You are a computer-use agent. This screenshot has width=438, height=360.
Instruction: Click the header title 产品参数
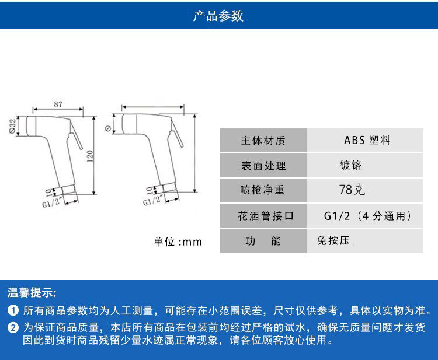point(218,16)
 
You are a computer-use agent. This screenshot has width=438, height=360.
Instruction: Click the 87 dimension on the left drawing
point(58,104)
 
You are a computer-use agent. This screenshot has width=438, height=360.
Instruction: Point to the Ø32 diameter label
point(12,126)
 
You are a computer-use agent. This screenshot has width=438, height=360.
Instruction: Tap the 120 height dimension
point(90,156)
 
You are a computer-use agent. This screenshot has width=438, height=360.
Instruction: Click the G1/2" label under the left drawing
point(51,202)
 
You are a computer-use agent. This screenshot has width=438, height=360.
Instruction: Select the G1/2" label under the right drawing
point(152,200)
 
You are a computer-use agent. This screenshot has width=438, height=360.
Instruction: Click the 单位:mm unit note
point(178,242)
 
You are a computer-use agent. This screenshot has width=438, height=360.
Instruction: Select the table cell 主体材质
point(263,141)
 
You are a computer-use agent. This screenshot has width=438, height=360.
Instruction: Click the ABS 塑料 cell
point(367,140)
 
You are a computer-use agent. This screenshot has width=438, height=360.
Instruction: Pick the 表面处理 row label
point(263,166)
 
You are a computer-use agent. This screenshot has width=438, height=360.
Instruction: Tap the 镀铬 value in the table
point(351,165)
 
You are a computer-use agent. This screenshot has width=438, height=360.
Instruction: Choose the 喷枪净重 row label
point(263,190)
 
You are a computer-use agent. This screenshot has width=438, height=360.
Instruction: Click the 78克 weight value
point(352,190)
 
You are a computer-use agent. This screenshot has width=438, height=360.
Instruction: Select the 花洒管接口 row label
point(266,216)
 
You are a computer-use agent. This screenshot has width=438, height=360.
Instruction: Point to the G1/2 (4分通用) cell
point(367,216)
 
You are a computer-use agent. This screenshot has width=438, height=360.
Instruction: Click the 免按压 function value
point(333,240)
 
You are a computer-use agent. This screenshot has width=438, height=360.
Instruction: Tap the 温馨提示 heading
point(32,292)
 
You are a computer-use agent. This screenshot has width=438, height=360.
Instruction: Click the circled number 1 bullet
point(13,310)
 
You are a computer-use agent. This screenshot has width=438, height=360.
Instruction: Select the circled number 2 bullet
point(13,328)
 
